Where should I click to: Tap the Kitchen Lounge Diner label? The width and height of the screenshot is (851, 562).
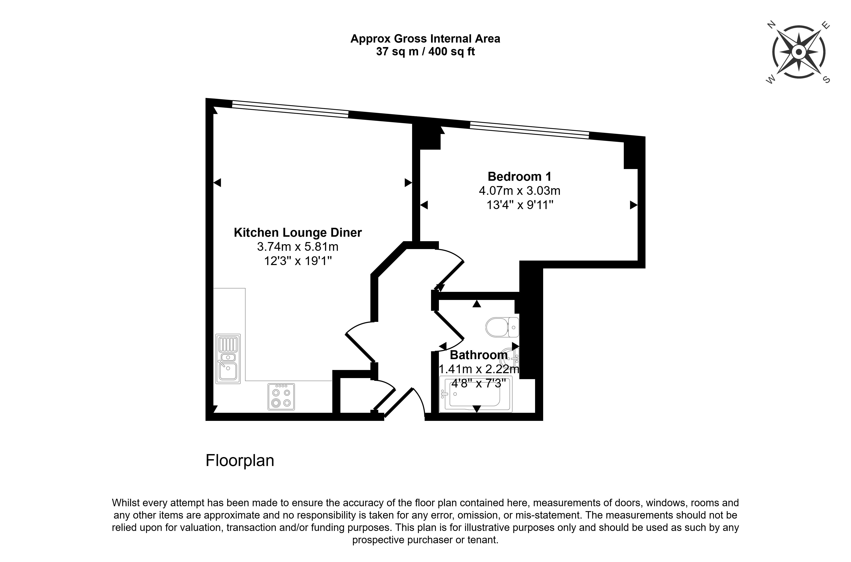298,233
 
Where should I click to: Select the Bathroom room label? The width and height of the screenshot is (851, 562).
478,355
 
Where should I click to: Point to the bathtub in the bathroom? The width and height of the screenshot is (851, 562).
476,394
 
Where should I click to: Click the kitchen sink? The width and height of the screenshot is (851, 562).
228,359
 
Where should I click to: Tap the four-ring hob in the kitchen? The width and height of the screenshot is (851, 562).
281,397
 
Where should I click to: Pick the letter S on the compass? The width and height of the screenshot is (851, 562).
826,80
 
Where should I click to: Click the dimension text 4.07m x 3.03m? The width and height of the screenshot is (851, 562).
519,191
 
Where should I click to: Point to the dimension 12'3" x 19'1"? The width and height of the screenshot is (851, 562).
298,261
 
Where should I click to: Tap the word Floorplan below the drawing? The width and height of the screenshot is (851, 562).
240,461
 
